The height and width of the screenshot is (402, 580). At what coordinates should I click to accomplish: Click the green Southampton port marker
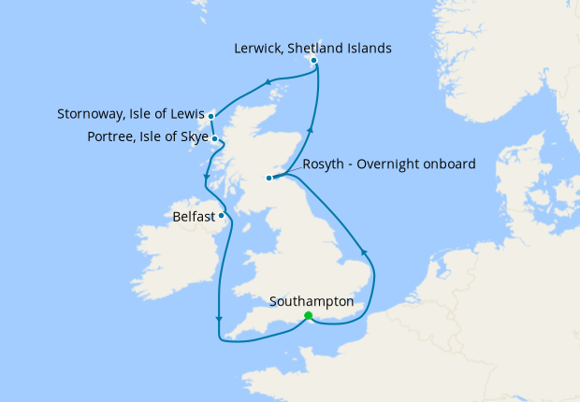pos(309,316)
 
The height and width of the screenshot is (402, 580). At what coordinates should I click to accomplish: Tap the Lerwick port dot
pos(314,61)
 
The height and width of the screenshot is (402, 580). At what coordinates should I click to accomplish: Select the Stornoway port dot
pos(212,116)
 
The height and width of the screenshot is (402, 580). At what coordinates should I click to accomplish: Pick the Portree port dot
pos(215,139)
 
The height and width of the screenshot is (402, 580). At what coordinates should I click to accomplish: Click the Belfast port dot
pos(222,216)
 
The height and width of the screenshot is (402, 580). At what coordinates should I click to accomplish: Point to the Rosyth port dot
pos(268,178)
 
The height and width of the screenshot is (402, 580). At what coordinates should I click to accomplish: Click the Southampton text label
pos(312,302)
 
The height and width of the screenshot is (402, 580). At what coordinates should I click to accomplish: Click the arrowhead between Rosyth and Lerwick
pos(311,132)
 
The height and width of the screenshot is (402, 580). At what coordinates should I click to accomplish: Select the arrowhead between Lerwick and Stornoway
pos(268,82)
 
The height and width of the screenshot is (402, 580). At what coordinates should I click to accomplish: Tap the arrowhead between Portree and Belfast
pos(205,181)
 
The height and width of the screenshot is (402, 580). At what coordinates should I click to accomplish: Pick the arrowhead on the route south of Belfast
pos(218,320)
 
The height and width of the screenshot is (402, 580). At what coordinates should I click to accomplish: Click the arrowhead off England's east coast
pos(363,251)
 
